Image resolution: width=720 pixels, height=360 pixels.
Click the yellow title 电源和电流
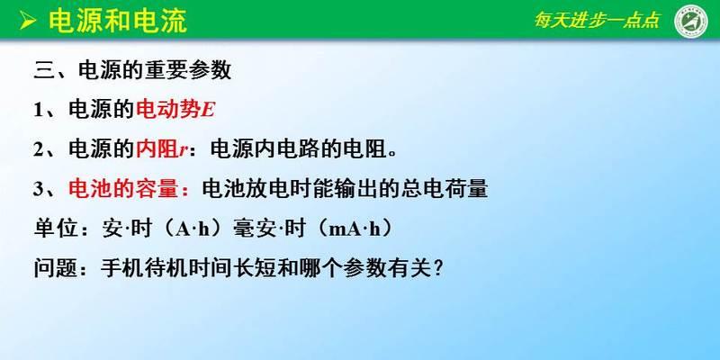click(x=118, y=21)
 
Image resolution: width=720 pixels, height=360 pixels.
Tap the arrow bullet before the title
click(x=28, y=21)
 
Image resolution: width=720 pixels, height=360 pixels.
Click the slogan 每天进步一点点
click(x=597, y=20)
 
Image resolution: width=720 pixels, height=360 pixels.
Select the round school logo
click(x=691, y=21)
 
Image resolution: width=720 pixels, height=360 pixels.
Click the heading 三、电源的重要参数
click(x=132, y=71)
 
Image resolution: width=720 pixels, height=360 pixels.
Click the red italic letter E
click(x=208, y=111)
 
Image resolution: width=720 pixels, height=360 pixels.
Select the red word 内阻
click(x=157, y=149)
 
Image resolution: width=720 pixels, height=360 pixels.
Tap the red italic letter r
click(x=183, y=151)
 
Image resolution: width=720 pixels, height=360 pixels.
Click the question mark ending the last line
click(x=437, y=268)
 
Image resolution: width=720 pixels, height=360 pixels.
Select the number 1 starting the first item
click(x=38, y=111)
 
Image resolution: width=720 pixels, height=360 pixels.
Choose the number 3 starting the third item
click(x=38, y=189)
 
